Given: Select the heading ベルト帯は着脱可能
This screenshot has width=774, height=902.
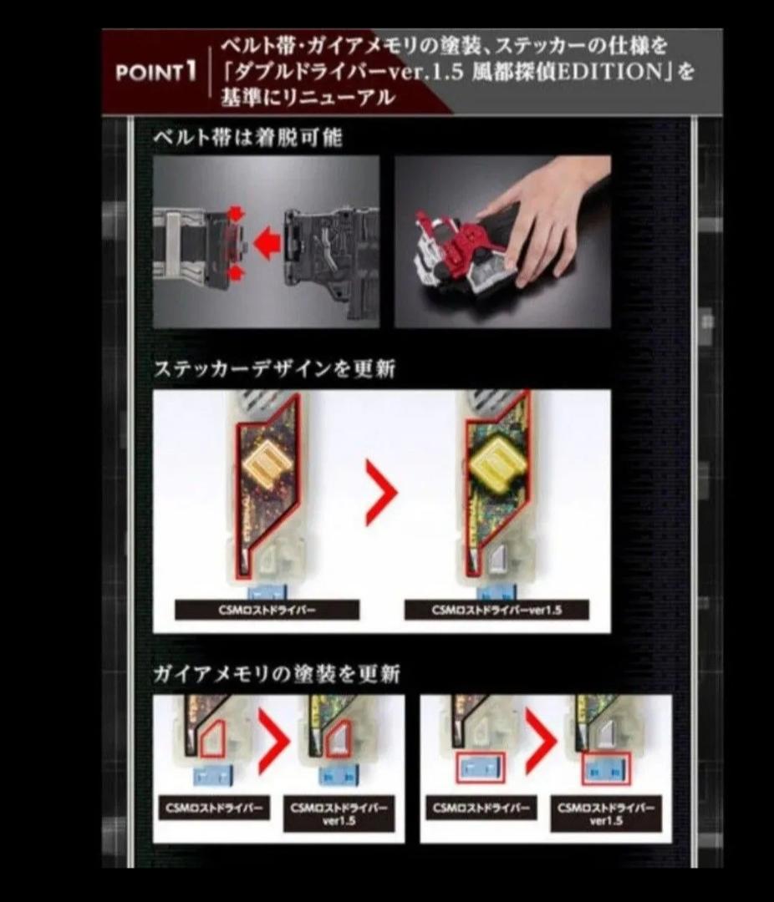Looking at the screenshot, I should click(x=247, y=138).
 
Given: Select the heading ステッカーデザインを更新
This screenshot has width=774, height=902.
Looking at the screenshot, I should click(x=274, y=368).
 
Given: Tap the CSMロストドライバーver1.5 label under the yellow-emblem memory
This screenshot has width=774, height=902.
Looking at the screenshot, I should click(x=496, y=611).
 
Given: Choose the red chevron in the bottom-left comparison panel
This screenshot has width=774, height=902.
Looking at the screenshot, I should click(x=272, y=741).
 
